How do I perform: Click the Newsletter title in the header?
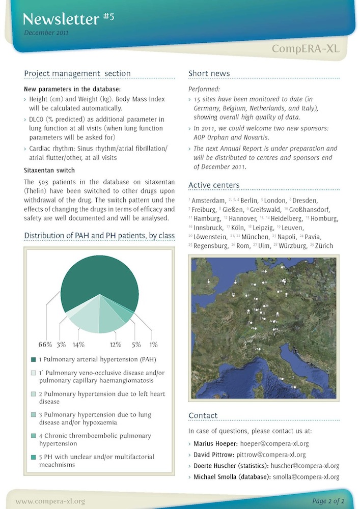[x=61, y=19]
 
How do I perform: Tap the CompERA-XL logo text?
[x=305, y=49]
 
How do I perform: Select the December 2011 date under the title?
[x=46, y=33]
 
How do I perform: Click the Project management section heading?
[x=77, y=73]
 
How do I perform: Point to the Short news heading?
[x=209, y=73]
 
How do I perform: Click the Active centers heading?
[x=214, y=185]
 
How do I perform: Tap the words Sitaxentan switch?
[x=49, y=170]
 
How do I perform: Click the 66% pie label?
[x=45, y=344]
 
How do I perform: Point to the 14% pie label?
[x=78, y=344]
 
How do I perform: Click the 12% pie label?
[x=115, y=344]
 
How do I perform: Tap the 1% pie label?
[x=153, y=344]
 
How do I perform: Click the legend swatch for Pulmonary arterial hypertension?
[x=33, y=360]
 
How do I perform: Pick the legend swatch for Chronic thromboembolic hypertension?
[x=33, y=436]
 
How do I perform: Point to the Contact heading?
[x=203, y=416]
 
